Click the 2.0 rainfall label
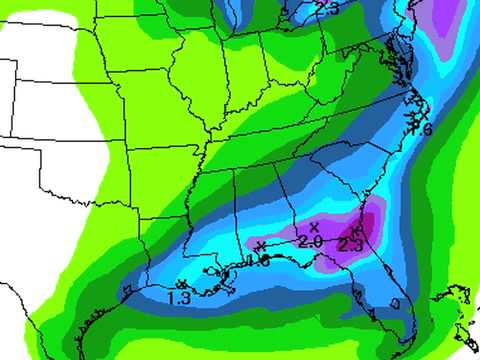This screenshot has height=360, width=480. (309, 242)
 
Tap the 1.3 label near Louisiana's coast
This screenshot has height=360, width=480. (180, 297)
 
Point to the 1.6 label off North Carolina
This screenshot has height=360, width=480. (420, 129)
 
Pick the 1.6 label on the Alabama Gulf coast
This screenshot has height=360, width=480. (257, 262)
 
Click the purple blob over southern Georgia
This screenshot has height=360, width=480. (340, 240)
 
